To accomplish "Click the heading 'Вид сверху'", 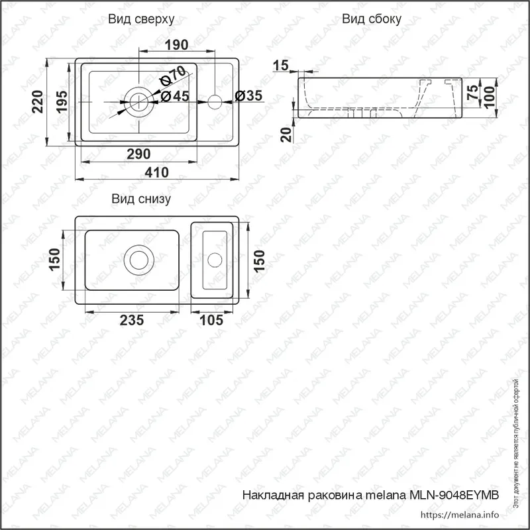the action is click(141, 19).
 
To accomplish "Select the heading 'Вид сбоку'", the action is click(372, 19).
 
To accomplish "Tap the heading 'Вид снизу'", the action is click(141, 199).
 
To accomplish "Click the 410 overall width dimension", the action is click(156, 173).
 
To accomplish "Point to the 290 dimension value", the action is click(138, 154).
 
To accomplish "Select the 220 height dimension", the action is click(38, 102).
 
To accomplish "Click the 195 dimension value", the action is click(62, 102).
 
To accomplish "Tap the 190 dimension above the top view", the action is click(176, 44).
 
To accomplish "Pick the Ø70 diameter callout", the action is click(173, 76).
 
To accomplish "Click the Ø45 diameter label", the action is click(175, 96).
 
